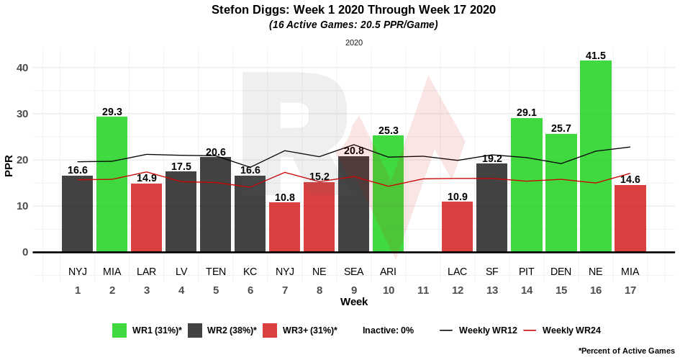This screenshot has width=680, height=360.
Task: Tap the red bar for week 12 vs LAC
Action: click(x=457, y=227)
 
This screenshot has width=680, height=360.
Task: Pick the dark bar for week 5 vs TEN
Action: click(x=215, y=204)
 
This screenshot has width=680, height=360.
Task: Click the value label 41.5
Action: click(x=595, y=55)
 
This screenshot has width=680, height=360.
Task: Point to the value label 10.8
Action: click(x=284, y=197)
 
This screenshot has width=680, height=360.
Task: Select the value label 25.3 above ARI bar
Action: click(x=388, y=130)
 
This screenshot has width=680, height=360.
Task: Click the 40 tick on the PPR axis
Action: click(x=22, y=68)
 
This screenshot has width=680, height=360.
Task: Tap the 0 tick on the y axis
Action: click(x=25, y=252)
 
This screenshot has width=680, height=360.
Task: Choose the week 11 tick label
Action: click(x=422, y=289)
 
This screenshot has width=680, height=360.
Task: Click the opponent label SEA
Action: click(x=353, y=271)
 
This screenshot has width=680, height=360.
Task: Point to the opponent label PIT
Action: click(x=526, y=271)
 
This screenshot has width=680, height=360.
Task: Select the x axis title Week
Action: click(x=353, y=302)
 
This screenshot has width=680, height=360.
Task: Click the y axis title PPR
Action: click(x=9, y=165)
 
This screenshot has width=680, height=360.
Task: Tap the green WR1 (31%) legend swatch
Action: click(x=119, y=330)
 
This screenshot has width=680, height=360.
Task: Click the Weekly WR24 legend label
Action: click(x=571, y=330)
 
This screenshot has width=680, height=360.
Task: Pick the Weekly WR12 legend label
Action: click(x=488, y=330)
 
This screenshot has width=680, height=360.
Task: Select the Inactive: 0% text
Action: click(x=388, y=330)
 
